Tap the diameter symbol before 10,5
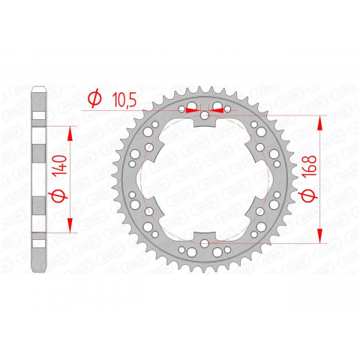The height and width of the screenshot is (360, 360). pyautogui.click(x=94, y=97)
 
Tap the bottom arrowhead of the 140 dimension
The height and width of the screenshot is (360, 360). pyautogui.click(x=71, y=229)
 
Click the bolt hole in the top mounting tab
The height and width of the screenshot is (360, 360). pyautogui.click(x=205, y=118)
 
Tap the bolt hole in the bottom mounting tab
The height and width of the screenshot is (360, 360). pyautogui.click(x=205, y=241)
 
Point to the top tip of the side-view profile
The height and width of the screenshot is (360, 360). pyautogui.click(x=40, y=88)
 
